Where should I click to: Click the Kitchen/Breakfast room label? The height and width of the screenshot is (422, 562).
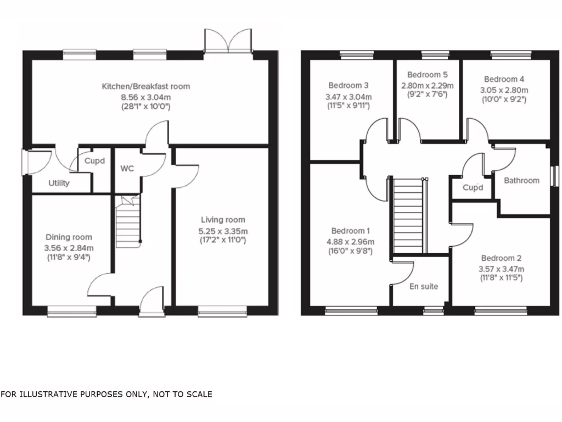click(145, 86)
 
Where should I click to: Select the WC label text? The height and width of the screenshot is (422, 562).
click(127, 169)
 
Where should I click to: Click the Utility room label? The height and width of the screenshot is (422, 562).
click(59, 183)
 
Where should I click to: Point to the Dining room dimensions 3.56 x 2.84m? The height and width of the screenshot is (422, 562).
click(69, 247)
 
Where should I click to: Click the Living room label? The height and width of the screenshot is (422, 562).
click(223, 220)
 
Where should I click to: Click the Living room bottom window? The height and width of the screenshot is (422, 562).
click(222, 313)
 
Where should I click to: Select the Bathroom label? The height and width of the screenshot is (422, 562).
click(521, 180)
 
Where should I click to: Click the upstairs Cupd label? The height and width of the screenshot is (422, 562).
click(473, 187)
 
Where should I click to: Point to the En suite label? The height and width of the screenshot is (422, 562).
click(424, 286)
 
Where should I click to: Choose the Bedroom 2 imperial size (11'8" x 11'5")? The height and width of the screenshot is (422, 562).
click(502, 279)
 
